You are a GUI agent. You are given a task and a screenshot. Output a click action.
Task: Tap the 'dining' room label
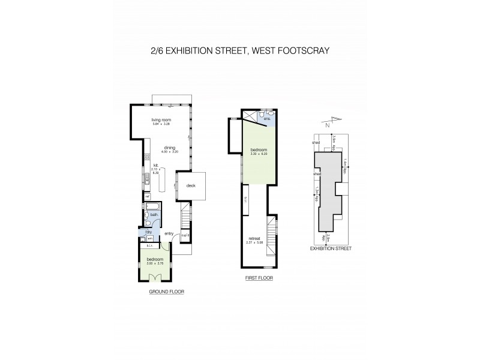click(169, 147)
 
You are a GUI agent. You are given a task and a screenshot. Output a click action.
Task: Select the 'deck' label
click(190, 185)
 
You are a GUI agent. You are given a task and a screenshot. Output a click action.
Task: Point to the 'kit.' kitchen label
click(155, 164)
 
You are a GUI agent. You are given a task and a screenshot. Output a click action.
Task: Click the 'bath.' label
click(154, 214)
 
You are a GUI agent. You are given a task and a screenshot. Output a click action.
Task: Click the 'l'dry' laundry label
click(148, 232)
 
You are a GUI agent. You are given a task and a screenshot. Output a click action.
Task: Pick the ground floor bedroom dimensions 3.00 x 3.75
click(155, 263)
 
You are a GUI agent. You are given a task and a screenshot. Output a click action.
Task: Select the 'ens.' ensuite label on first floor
click(268, 119)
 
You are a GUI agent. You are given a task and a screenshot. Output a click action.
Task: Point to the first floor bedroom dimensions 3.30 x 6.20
click(259, 154)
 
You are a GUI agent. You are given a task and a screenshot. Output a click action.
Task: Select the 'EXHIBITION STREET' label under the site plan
click(330, 248)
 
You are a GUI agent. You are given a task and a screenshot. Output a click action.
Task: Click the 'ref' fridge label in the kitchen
click(146, 196)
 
